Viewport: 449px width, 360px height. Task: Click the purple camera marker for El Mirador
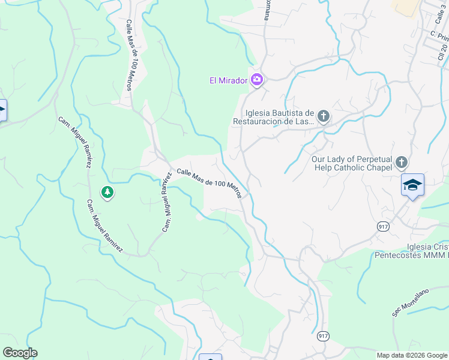click(x=257, y=79)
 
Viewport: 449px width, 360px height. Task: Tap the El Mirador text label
click(x=228, y=80)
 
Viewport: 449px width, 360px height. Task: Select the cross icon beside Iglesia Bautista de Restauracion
click(x=324, y=116)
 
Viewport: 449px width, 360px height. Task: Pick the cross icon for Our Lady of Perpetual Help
click(x=401, y=162)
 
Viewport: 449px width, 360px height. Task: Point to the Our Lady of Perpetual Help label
click(x=352, y=163)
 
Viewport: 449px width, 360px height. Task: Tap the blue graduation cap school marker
click(x=413, y=185)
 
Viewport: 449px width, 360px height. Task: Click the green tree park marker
click(x=107, y=193)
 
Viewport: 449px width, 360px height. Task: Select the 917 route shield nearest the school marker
click(x=382, y=226)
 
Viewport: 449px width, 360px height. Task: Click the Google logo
click(x=20, y=353)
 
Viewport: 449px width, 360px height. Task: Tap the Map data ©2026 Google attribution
click(x=412, y=355)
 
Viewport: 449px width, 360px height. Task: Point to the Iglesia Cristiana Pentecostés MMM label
click(x=412, y=251)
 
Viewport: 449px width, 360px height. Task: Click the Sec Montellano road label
click(x=411, y=303)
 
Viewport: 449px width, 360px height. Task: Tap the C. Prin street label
click(x=439, y=35)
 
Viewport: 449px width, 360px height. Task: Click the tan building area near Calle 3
click(x=406, y=5)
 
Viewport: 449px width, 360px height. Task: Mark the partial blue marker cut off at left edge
click(x=2, y=110)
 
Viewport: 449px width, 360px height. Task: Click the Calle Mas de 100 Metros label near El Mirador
click(x=209, y=182)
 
